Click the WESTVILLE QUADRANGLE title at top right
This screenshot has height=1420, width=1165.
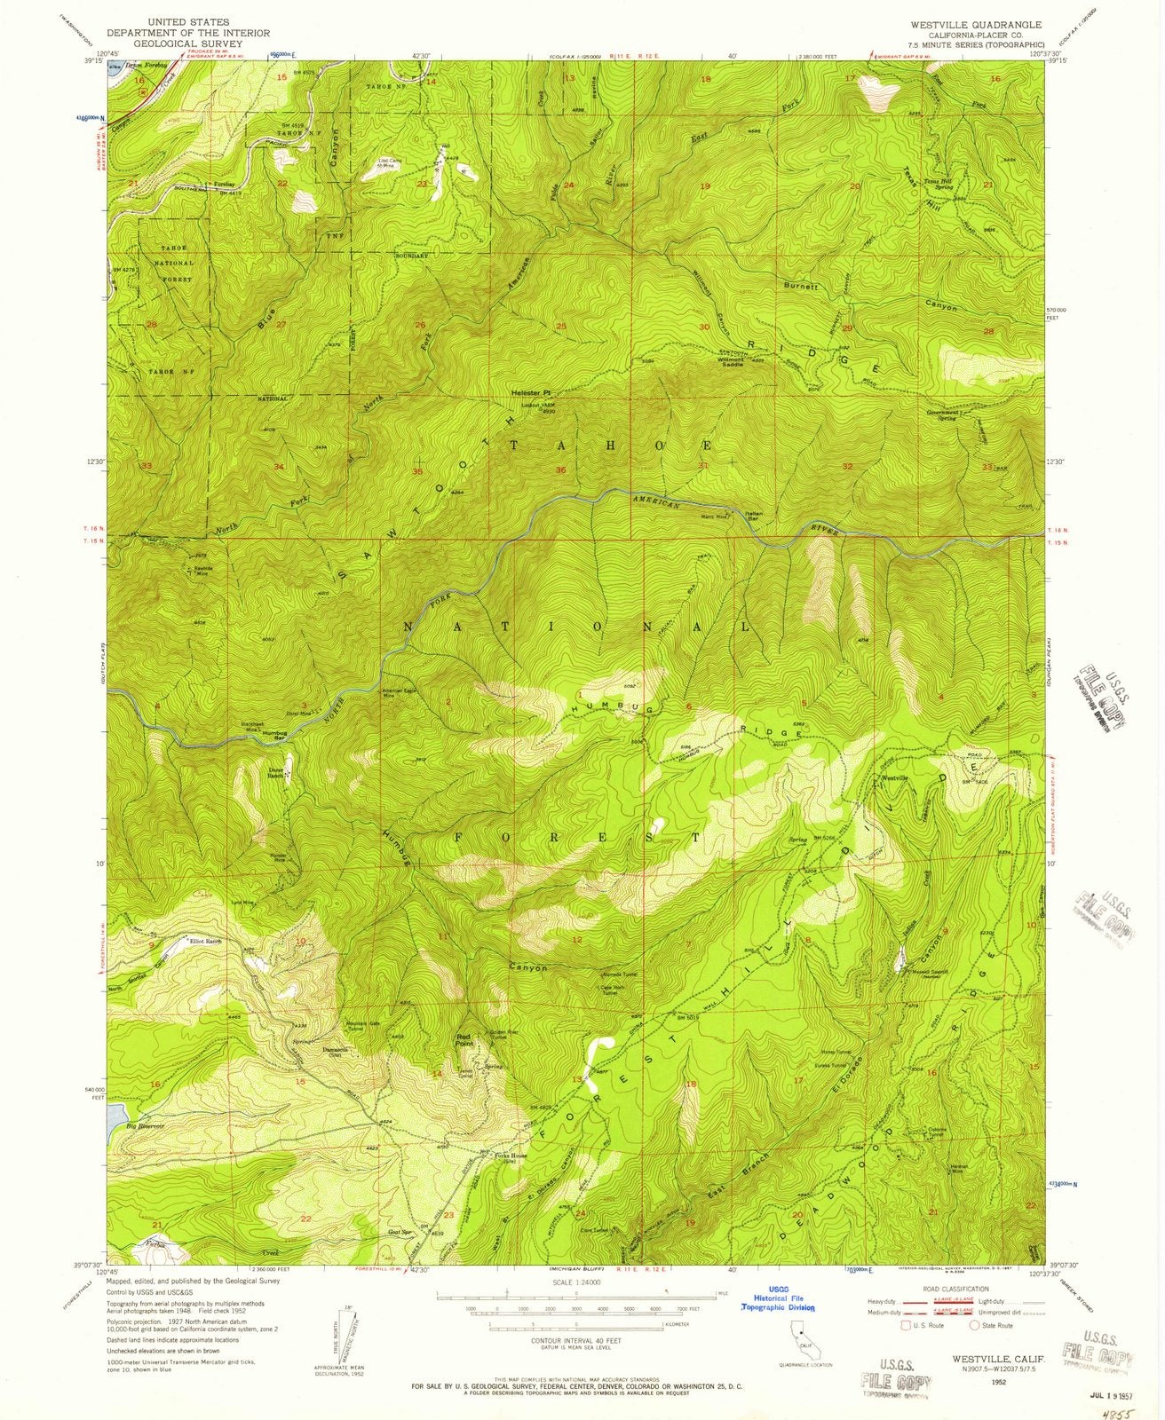pyautogui.click(x=972, y=24)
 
